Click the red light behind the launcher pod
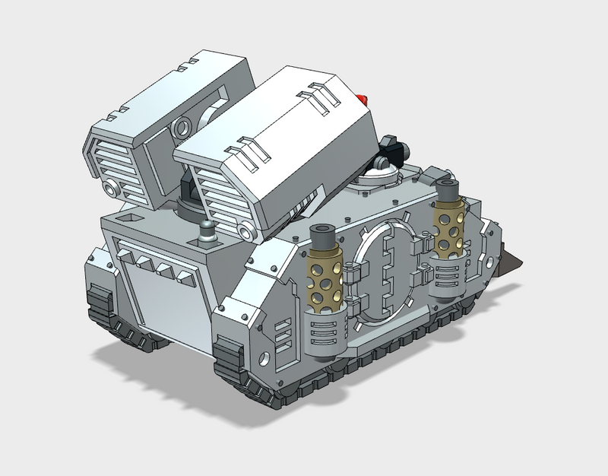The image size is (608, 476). (363, 100)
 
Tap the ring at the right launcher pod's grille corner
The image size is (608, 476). (244, 230)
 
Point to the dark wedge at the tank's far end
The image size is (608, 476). (515, 262)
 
